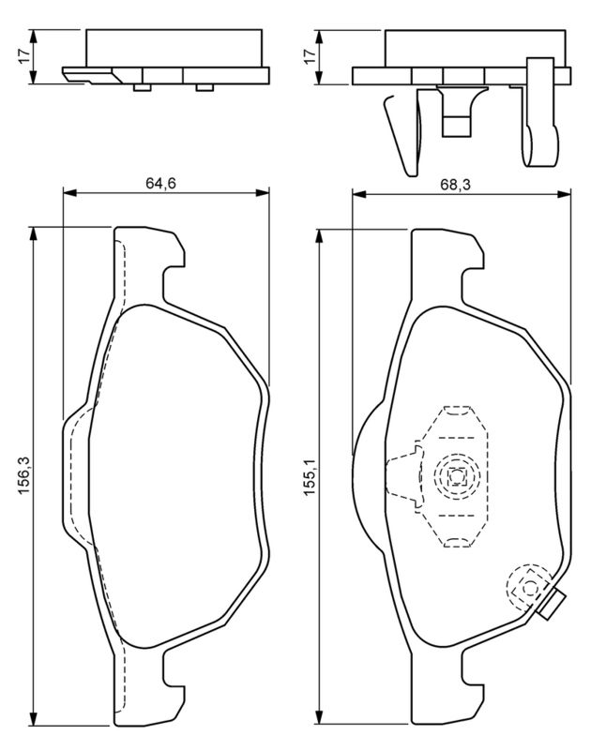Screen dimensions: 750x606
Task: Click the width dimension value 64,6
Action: point(161,183)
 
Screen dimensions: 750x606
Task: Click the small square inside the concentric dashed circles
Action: point(457,476)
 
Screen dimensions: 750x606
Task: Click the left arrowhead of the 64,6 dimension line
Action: point(68,194)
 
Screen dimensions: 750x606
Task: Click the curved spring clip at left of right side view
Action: point(398,136)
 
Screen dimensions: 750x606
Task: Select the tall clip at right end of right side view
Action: point(539,112)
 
